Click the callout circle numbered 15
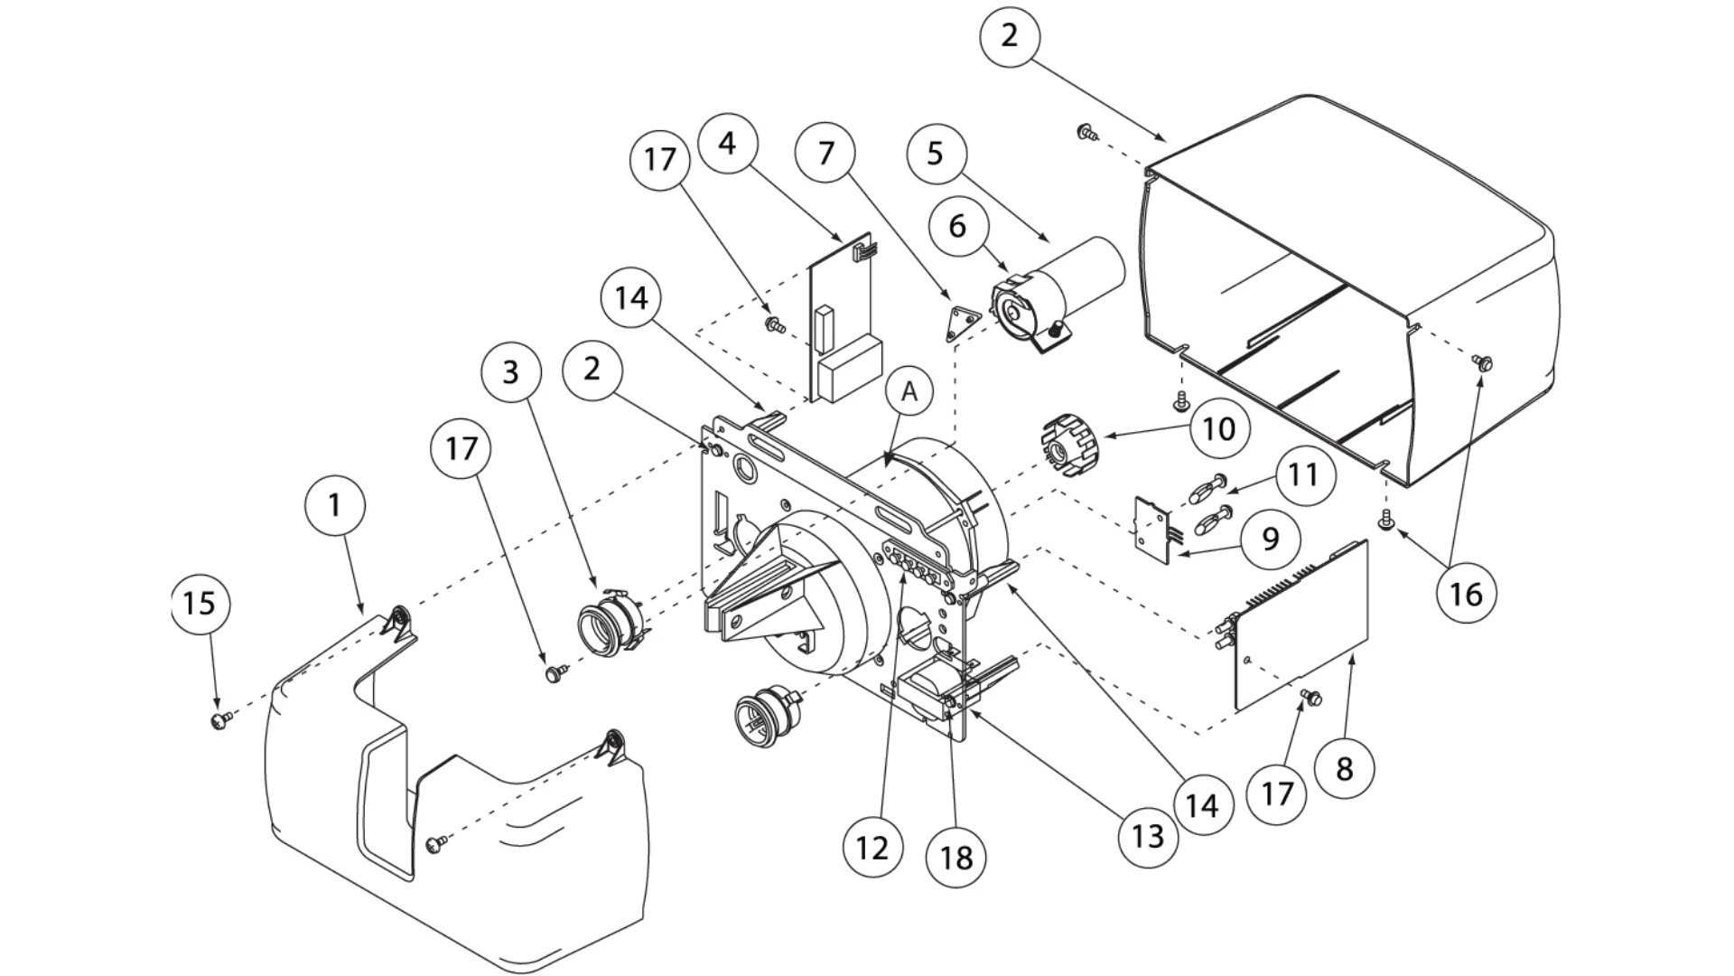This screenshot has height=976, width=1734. pos(200,603)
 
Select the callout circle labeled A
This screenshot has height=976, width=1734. pos(909,392)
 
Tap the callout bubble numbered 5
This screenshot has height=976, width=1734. pos(935,153)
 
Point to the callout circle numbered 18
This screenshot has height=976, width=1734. pos(956,857)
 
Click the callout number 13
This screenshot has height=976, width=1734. pos(1147,836)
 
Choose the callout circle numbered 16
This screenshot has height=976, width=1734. pos(1466,594)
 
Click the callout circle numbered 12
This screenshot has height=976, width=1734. pos(872,847)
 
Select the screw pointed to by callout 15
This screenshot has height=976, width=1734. pos(219,720)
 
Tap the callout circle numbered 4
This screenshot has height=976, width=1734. pos(728,143)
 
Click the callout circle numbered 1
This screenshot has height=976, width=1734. pos(335,504)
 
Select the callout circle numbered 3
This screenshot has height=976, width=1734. pos(510,371)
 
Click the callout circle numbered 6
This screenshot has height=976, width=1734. pos(957,226)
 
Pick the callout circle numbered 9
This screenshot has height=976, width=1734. pos(1270,539)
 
